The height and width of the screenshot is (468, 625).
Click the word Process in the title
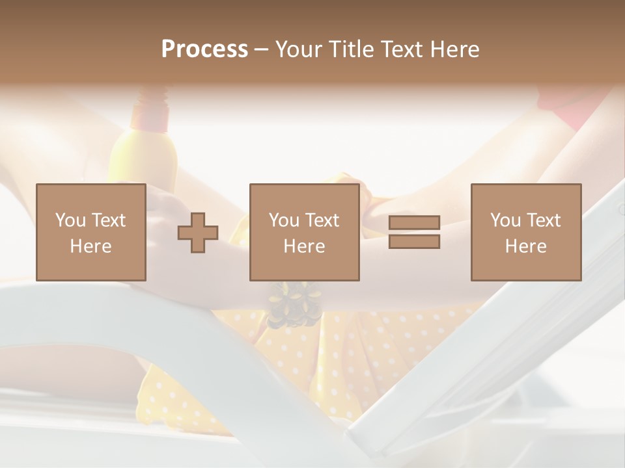coord(204,49)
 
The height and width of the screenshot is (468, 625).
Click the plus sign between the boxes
coord(198,232)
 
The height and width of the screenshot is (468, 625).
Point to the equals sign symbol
coord(414,232)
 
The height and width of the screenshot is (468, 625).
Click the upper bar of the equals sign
coord(414,223)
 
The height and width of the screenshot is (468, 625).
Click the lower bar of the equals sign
coord(414,241)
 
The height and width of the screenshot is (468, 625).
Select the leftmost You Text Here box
coord(90,232)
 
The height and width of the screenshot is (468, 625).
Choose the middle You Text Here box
coord(304,232)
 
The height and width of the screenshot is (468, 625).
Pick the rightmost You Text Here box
coord(525,232)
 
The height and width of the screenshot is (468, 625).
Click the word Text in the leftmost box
coord(107,220)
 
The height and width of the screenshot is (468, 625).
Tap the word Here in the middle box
coord(304,246)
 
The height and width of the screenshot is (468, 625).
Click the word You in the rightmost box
coord(505,220)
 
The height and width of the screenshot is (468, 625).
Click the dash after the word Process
coord(262,49)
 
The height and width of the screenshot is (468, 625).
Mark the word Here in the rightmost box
coord(525,246)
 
